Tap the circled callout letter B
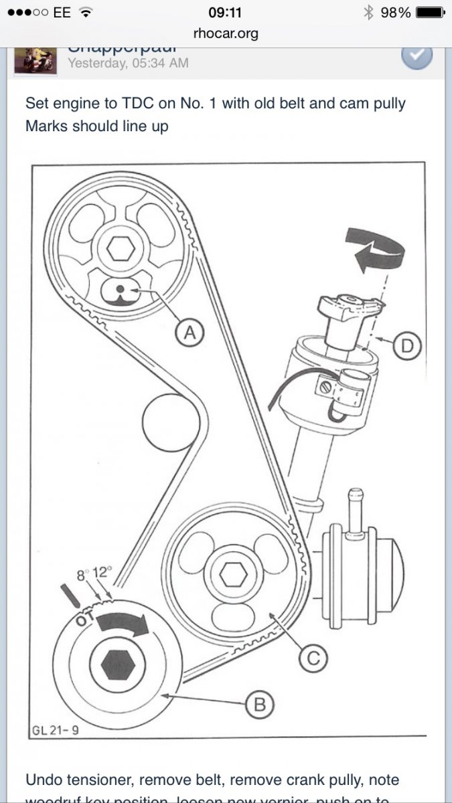[x=260, y=703]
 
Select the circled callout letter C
[x=311, y=658]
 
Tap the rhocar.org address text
[x=225, y=33]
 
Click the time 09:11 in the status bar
[x=226, y=12]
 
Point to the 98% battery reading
[x=396, y=12]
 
